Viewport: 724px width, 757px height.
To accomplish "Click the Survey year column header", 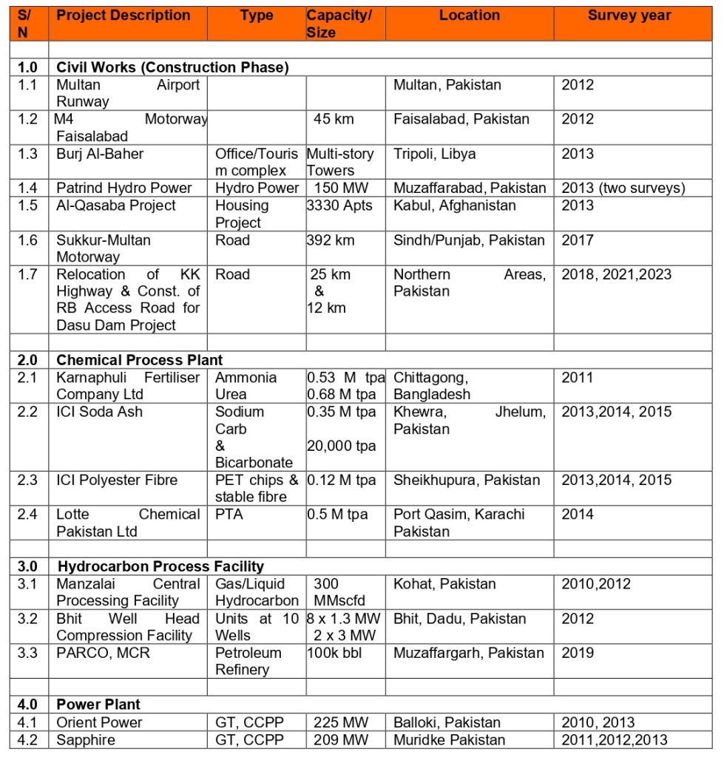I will pyautogui.click(x=629, y=16).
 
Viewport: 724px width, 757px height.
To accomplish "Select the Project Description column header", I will pyautogui.click(x=123, y=16).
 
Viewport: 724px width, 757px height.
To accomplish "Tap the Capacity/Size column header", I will pyautogui.click(x=339, y=24).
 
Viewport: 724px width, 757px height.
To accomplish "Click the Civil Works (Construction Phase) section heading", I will pyautogui.click(x=172, y=67).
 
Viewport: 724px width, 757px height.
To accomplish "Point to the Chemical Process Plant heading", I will pyautogui.click(x=139, y=360).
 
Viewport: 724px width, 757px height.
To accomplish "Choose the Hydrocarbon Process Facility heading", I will pyautogui.click(x=160, y=567).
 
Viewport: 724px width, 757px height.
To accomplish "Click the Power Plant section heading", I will pyautogui.click(x=98, y=705).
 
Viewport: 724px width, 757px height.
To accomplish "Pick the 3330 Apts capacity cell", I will pyautogui.click(x=339, y=206).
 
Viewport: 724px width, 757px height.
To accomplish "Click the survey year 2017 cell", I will pyautogui.click(x=577, y=240).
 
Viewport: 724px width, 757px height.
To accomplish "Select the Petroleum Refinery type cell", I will pyautogui.click(x=248, y=661).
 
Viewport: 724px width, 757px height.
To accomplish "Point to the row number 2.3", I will pyautogui.click(x=28, y=481).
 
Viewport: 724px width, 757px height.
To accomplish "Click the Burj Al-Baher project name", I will pyautogui.click(x=100, y=154).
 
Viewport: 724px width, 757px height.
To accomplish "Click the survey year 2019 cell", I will pyautogui.click(x=577, y=653).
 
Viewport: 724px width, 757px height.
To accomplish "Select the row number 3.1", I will pyautogui.click(x=28, y=584).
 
